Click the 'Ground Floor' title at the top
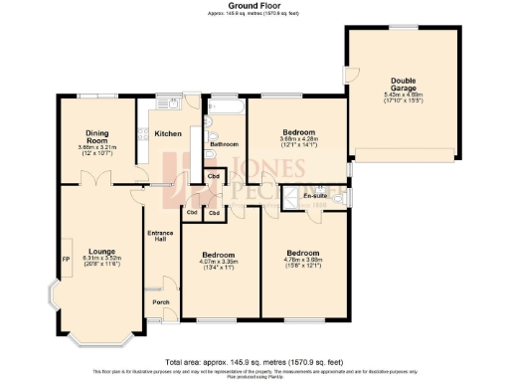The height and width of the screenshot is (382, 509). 254,5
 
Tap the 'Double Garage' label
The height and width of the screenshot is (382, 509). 404,86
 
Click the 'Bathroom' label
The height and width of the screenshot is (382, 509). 225,144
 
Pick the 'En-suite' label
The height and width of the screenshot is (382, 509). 315,196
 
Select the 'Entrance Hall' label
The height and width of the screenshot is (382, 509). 160,238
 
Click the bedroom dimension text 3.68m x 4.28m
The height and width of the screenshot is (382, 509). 298,139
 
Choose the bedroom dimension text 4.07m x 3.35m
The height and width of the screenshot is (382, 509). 217,262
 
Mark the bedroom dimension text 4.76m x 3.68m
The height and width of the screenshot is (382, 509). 304,261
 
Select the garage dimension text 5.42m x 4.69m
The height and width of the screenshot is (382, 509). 404,96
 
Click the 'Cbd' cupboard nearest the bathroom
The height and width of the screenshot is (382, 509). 214,178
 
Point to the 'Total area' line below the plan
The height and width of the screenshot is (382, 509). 254,361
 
